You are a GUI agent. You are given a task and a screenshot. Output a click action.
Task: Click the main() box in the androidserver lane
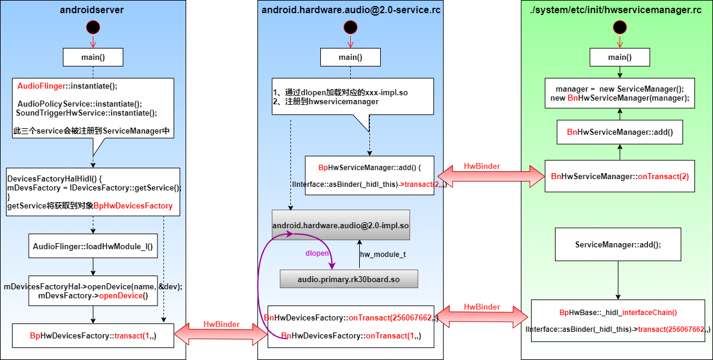click(93, 57)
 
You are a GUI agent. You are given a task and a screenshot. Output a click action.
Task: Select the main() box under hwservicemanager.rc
click(619, 57)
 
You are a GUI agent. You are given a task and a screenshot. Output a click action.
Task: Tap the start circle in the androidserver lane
click(93, 27)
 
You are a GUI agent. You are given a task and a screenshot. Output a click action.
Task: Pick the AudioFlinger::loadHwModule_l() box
click(93, 246)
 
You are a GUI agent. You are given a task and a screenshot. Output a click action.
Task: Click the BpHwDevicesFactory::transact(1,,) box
click(93, 336)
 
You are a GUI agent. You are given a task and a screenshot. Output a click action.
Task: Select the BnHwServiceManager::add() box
click(620, 132)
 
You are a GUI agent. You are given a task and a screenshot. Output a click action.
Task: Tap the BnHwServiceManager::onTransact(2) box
click(620, 176)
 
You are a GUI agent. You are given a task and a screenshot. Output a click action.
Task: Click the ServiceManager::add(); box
click(618, 244)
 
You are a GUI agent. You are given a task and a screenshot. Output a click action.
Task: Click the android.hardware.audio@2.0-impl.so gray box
click(341, 225)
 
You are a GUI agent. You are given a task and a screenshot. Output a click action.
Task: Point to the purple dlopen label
click(317, 253)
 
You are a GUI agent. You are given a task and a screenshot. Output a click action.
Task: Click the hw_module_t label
click(383, 255)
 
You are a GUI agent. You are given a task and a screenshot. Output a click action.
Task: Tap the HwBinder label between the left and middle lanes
click(222, 324)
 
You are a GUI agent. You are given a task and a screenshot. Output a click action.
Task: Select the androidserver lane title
click(93, 10)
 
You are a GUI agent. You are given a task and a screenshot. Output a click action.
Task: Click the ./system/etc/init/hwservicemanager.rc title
click(617, 10)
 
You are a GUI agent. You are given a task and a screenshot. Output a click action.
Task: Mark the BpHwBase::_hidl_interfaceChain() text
click(618, 312)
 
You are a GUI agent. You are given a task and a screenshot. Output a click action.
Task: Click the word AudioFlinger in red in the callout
click(41, 86)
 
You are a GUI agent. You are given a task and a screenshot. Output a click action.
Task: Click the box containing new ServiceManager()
click(620, 93)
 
